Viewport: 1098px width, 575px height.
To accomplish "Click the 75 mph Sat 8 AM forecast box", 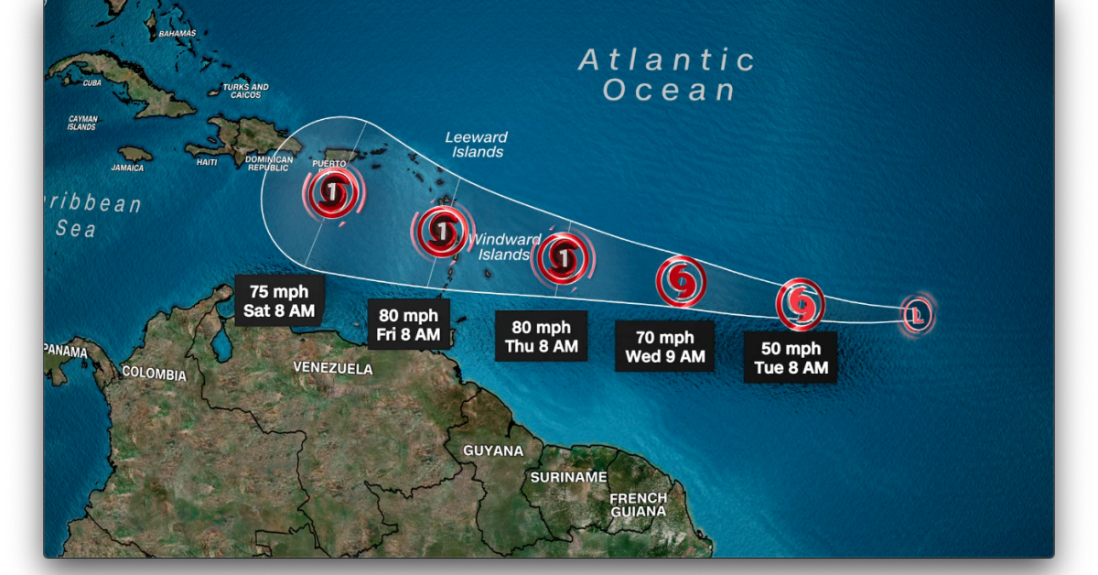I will (x=279, y=301).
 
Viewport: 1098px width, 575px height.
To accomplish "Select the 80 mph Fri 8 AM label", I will (x=408, y=325).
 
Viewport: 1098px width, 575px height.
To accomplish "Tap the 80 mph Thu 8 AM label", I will (x=541, y=336).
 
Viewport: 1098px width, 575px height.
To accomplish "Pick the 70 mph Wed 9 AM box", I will (x=664, y=347).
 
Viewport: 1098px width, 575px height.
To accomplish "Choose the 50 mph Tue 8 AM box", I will (x=790, y=358).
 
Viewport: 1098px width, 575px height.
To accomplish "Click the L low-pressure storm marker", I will (x=916, y=316).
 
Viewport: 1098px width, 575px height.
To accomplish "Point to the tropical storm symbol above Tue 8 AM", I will (x=801, y=304).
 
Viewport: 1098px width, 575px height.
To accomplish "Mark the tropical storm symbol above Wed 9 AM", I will (x=681, y=281).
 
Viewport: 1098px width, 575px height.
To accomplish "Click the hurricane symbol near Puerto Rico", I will (x=333, y=194).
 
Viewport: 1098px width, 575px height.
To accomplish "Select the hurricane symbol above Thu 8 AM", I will (x=563, y=258).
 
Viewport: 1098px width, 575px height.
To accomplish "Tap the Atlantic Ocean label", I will (x=668, y=75).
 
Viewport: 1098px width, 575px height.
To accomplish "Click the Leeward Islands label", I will (x=477, y=145).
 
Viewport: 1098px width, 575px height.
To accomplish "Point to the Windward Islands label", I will (x=504, y=247).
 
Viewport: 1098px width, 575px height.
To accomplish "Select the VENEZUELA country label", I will (x=333, y=368).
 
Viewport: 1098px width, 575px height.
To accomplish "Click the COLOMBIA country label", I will (x=154, y=374).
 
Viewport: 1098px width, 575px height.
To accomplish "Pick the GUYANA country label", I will (x=493, y=451).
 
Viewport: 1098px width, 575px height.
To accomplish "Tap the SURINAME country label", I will (x=568, y=477).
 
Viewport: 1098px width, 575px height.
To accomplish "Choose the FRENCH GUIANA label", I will (x=639, y=504).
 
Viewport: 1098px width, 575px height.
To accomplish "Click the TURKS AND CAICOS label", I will (x=245, y=92).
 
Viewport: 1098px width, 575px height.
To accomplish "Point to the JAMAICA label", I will (x=128, y=168).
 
